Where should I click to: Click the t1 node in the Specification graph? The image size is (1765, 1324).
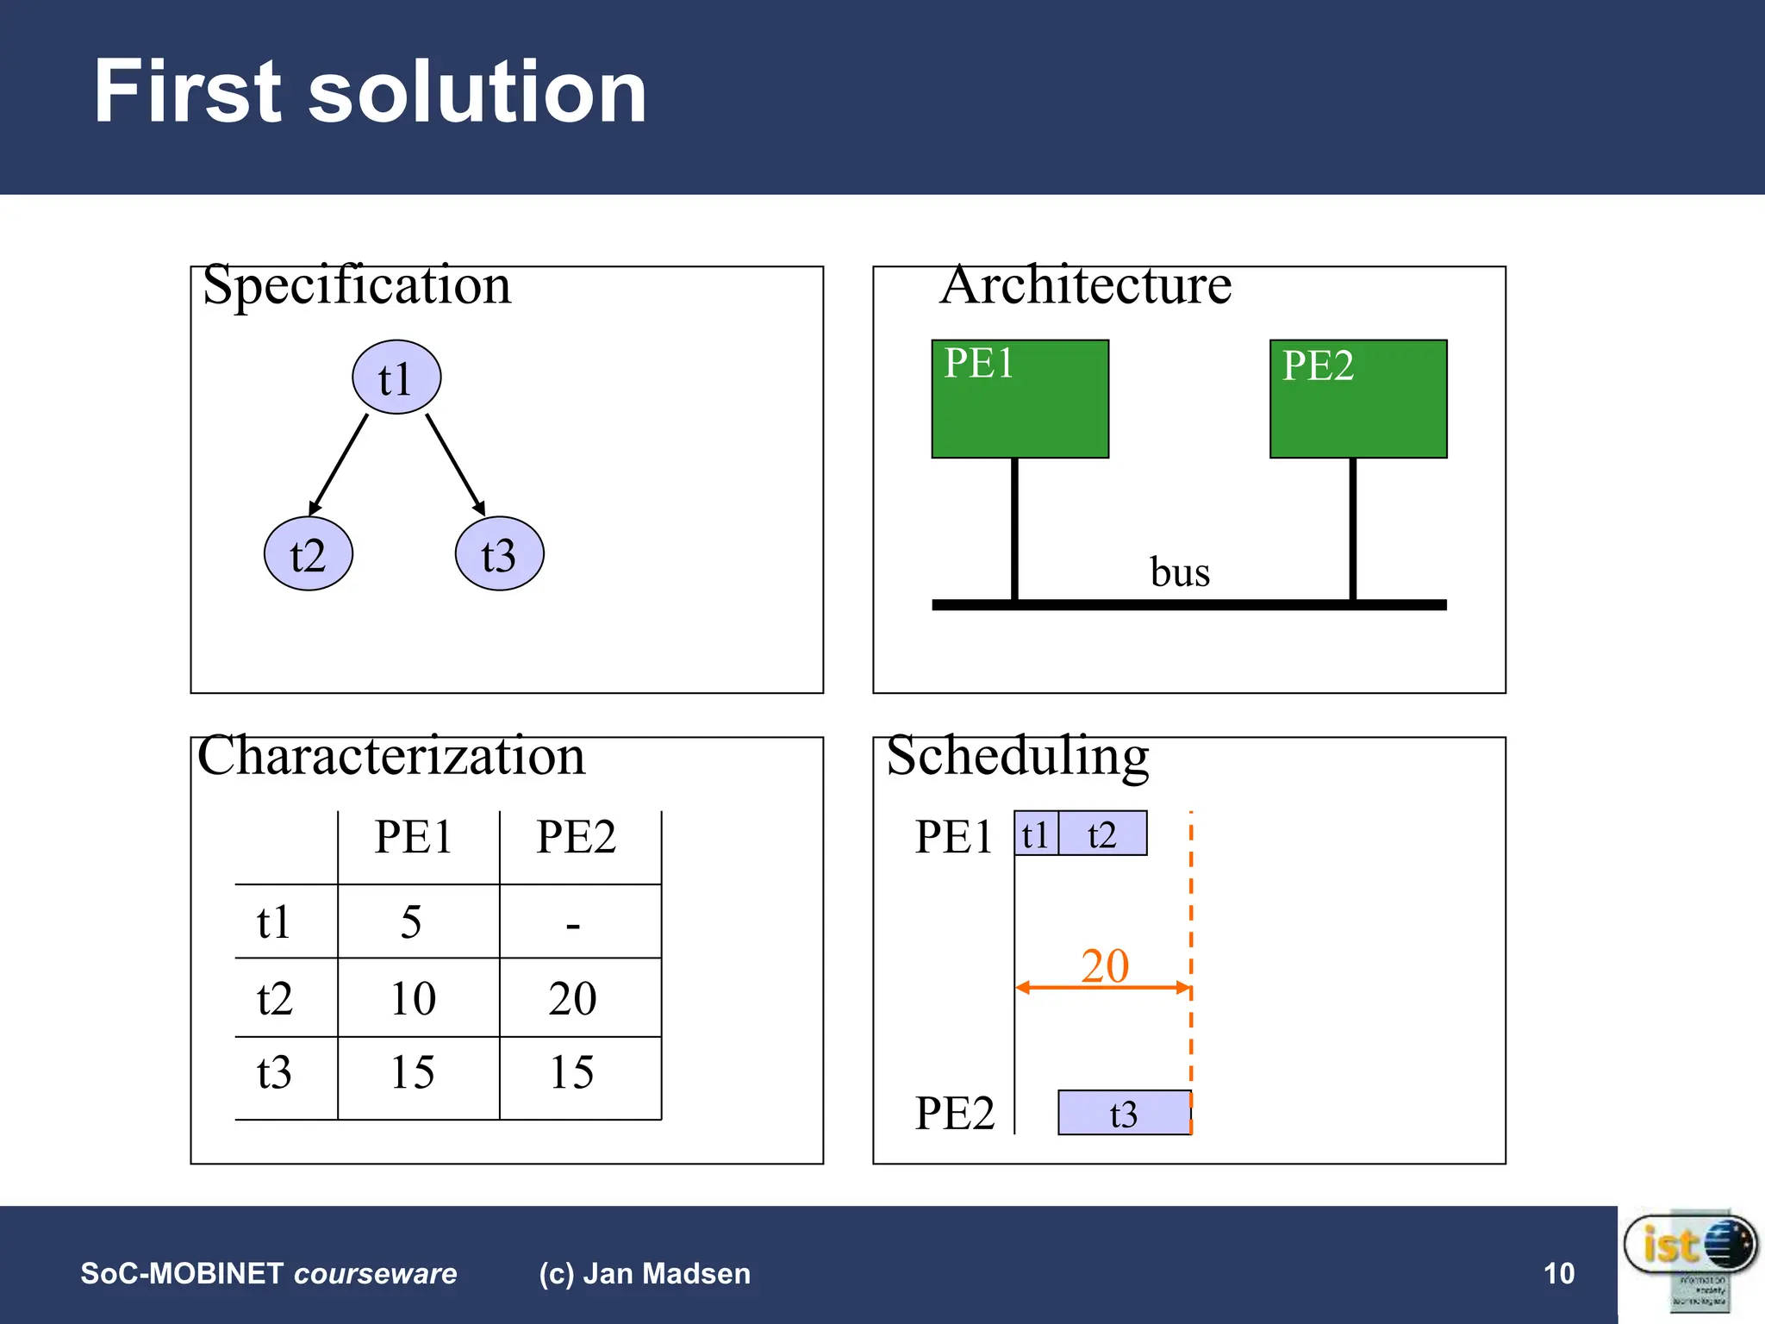pyautogui.click(x=396, y=378)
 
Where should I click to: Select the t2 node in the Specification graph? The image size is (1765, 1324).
pyautogui.click(x=308, y=554)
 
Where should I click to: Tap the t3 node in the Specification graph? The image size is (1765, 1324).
pyautogui.click(x=499, y=554)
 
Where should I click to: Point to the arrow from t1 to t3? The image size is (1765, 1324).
pyautogui.click(x=455, y=464)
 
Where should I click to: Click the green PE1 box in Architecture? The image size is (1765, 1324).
pyautogui.click(x=1020, y=399)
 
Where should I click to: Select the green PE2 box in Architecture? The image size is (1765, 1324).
pyautogui.click(x=1358, y=399)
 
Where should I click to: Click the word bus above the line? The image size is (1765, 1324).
pyautogui.click(x=1180, y=572)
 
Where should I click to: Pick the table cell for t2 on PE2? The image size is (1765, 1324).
pyautogui.click(x=573, y=998)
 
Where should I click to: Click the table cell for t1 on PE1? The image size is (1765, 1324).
pyautogui.click(x=412, y=921)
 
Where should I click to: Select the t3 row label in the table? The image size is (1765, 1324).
pyautogui.click(x=274, y=1073)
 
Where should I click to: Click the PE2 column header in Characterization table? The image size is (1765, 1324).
pyautogui.click(x=576, y=837)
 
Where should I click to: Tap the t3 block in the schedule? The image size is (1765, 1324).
pyautogui.click(x=1124, y=1113)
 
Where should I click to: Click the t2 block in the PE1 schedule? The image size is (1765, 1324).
pyautogui.click(x=1102, y=834)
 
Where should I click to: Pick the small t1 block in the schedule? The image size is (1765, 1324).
pyautogui.click(x=1035, y=834)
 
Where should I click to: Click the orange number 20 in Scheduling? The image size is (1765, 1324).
pyautogui.click(x=1105, y=965)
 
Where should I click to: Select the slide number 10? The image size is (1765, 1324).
pyautogui.click(x=1558, y=1273)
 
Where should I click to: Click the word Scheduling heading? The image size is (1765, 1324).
pyautogui.click(x=1018, y=756)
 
